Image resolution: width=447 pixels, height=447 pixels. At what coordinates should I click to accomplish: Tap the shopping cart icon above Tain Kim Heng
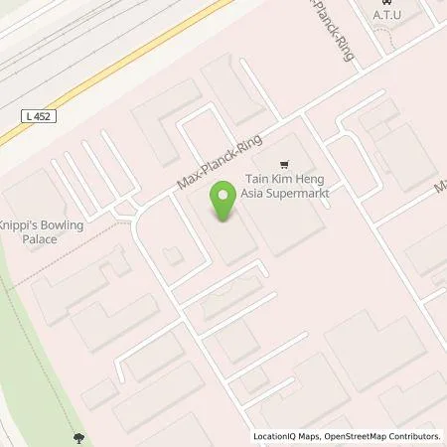pyautogui.click(x=285, y=165)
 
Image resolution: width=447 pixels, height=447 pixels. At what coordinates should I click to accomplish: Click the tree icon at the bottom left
pyautogui.click(x=77, y=436)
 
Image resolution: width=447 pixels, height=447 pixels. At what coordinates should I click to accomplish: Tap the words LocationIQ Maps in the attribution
pyautogui.click(x=283, y=436)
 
